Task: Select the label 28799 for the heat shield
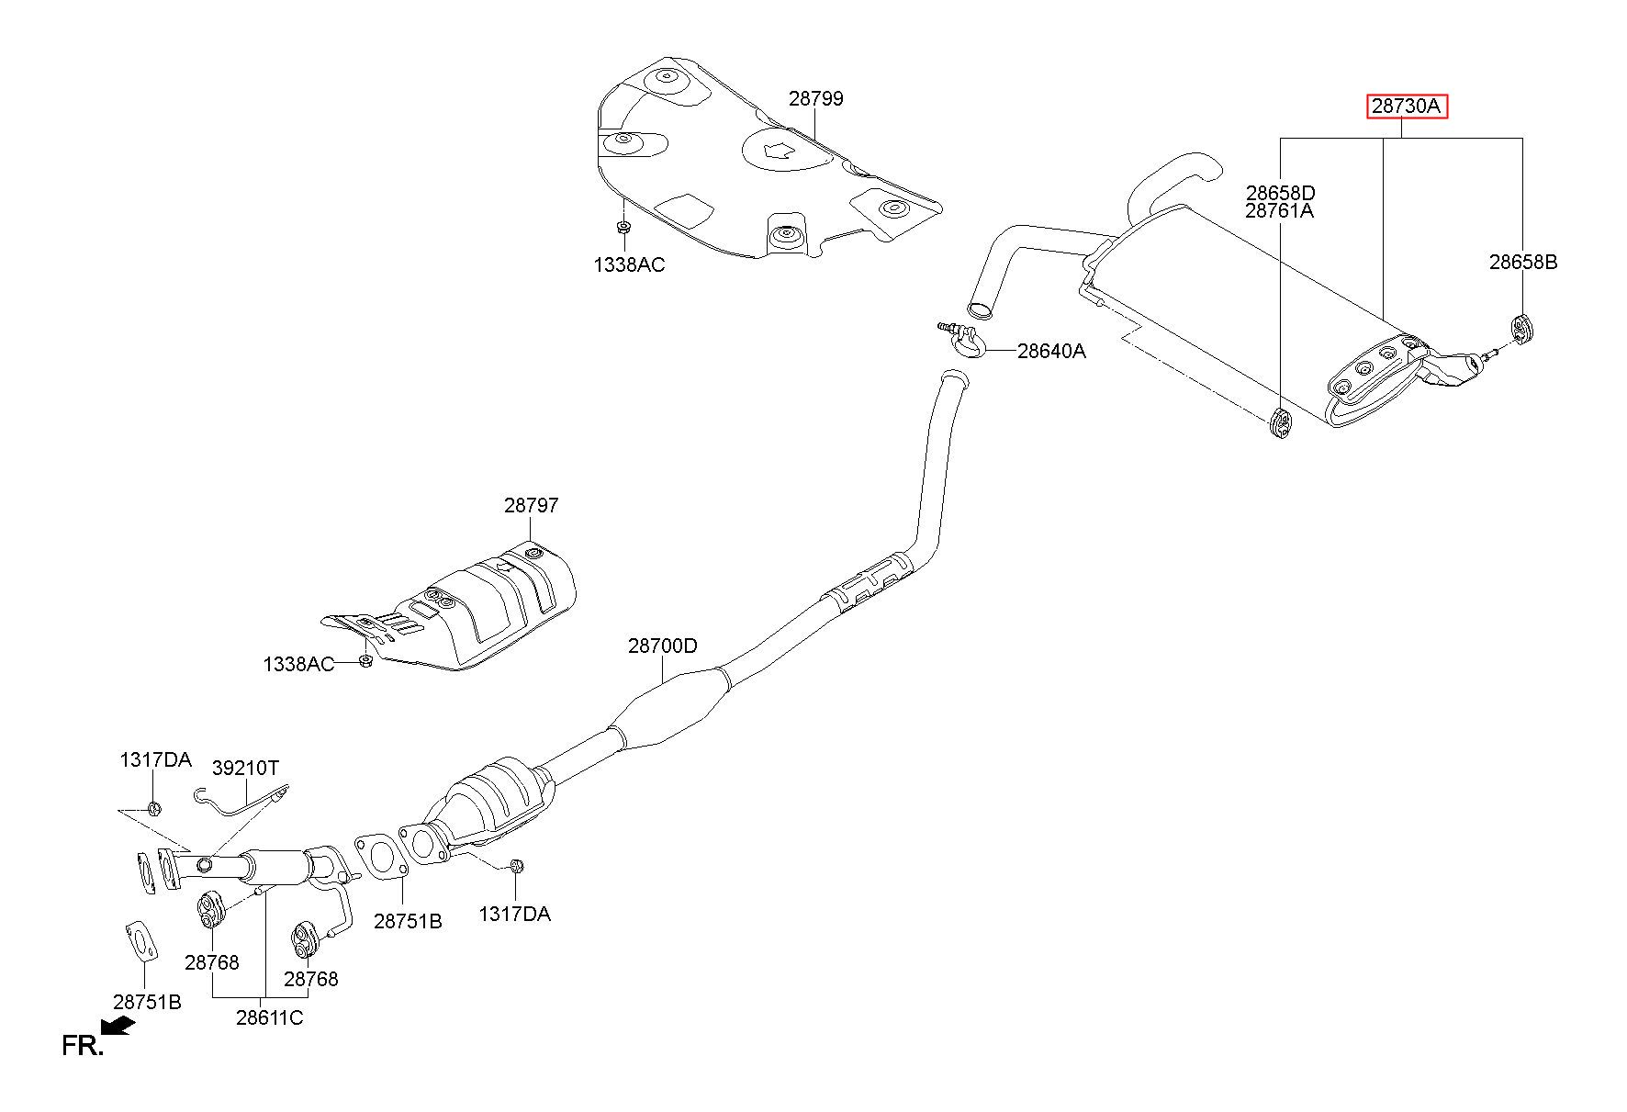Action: click(x=815, y=98)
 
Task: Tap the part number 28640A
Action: click(x=1051, y=351)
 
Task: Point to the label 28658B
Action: click(x=1523, y=262)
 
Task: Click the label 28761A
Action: click(x=1280, y=210)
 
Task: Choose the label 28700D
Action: click(x=663, y=646)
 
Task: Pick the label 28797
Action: click(x=531, y=505)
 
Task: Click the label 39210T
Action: click(x=245, y=767)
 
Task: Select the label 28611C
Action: click(x=269, y=1017)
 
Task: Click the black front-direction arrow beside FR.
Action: click(x=118, y=1026)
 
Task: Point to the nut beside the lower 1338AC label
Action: click(x=365, y=661)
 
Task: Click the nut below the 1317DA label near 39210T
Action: click(x=154, y=809)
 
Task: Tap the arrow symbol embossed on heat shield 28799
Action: click(x=780, y=151)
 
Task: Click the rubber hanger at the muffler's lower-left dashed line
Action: click(x=1279, y=423)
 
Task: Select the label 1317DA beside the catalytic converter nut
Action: click(x=514, y=914)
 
